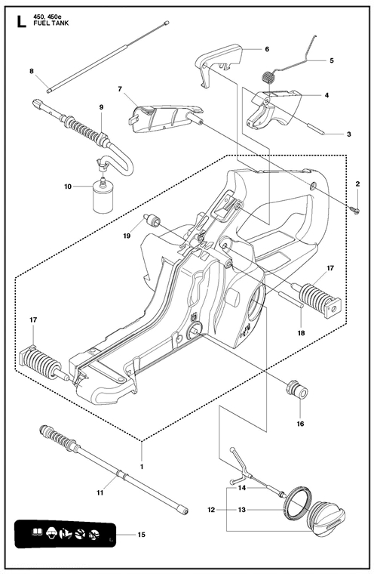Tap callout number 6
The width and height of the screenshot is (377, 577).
[267, 49]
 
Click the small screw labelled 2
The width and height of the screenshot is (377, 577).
[357, 211]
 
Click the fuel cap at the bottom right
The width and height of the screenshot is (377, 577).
[326, 514]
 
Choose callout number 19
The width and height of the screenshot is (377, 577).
[127, 236]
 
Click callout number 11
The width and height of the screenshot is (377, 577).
[100, 492]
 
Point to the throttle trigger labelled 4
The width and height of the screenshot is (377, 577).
[274, 109]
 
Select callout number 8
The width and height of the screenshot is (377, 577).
[31, 71]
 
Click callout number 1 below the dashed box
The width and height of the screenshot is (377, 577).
[142, 467]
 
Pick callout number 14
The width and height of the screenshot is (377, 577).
[242, 488]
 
